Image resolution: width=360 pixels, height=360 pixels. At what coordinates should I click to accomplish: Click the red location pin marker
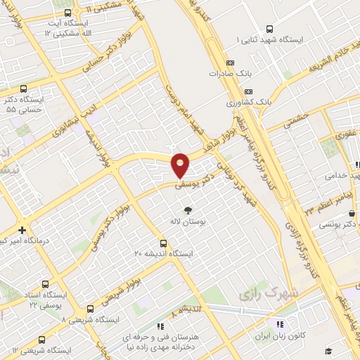coord(181,165)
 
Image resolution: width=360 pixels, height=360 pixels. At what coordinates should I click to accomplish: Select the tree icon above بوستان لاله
coord(188,209)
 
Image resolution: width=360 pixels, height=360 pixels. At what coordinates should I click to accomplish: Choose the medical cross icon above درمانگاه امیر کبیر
coord(22,229)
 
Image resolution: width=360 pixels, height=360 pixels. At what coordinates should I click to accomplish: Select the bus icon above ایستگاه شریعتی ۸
coord(90,309)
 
